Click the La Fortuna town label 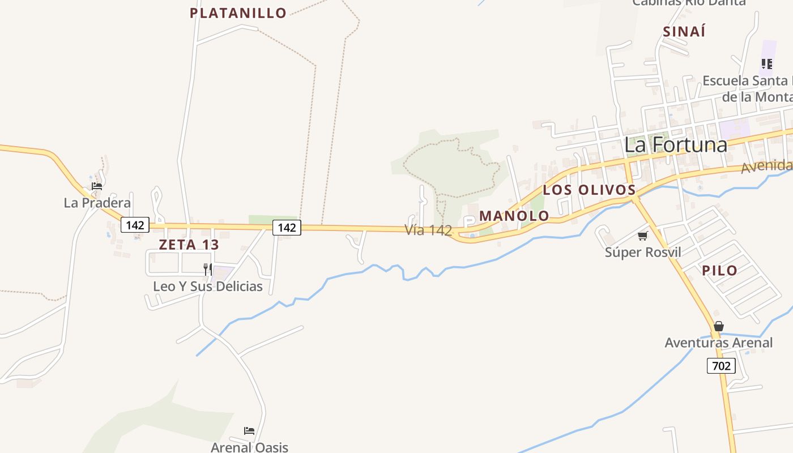click(x=676, y=145)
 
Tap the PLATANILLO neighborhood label click(x=238, y=13)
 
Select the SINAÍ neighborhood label click(x=684, y=32)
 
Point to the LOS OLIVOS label click(x=589, y=190)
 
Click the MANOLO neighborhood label click(x=514, y=216)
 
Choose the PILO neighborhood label click(x=720, y=271)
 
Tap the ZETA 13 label click(x=189, y=245)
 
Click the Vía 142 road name click(x=428, y=230)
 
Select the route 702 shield click(x=721, y=366)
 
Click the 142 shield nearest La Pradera click(x=135, y=225)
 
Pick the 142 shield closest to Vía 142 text click(x=287, y=228)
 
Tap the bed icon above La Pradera click(x=97, y=186)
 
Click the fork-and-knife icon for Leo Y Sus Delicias click(x=208, y=269)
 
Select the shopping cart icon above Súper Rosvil click(x=642, y=236)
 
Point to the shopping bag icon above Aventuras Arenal click(x=719, y=326)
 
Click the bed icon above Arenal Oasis click(x=249, y=431)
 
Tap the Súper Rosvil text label click(x=643, y=252)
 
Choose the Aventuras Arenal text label click(x=718, y=343)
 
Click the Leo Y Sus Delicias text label click(x=208, y=287)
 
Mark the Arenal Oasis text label click(x=249, y=447)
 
